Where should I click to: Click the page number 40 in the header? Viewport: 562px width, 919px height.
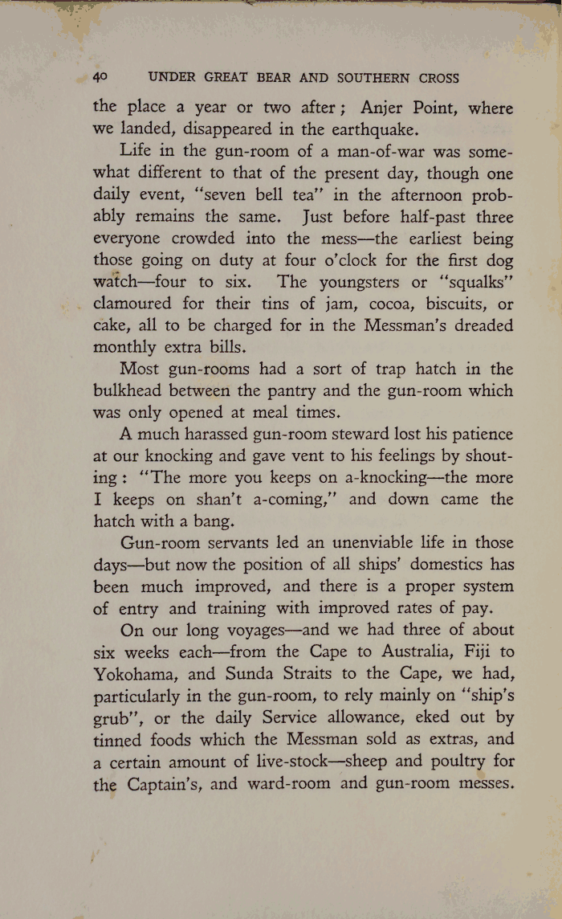click(101, 78)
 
